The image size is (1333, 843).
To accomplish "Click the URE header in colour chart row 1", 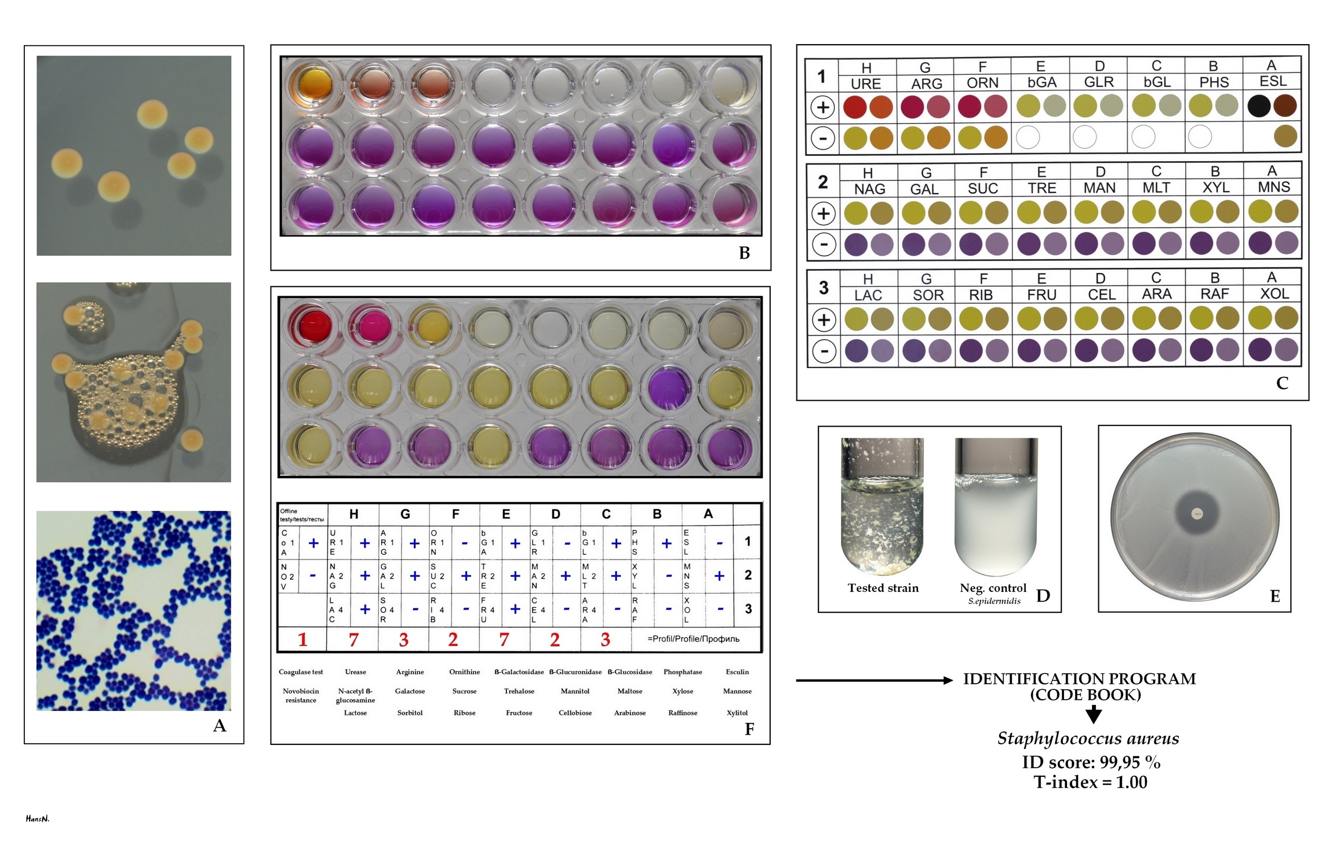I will tap(866, 83).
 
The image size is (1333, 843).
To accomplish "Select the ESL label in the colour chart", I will tap(1273, 81).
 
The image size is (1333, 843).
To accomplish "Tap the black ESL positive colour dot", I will tap(1259, 106).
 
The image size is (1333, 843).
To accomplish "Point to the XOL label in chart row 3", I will tap(1274, 294).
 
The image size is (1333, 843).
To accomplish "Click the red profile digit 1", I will tap(303, 639).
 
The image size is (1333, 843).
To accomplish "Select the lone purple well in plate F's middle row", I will tap(669, 387).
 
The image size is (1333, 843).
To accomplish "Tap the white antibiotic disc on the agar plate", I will tap(1197, 514).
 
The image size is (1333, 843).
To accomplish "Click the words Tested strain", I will tap(883, 588).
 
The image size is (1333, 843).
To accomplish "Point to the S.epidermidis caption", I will tap(994, 601).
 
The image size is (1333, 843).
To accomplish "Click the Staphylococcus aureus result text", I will tap(1088, 738).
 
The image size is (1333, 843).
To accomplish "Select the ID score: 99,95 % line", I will tap(1091, 762).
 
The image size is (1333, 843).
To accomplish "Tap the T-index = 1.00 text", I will tap(1090, 782).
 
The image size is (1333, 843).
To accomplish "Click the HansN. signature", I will tap(38, 819).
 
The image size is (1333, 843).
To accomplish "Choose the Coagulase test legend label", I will tap(301, 672).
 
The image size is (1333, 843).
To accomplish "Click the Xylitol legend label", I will tap(737, 713).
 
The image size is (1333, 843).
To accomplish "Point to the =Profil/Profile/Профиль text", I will tap(693, 639).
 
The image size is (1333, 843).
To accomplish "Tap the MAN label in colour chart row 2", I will tap(1099, 188).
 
